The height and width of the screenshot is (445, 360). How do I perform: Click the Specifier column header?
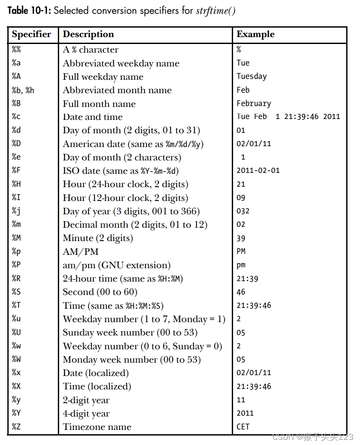click(31, 34)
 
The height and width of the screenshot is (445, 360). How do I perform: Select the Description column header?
click(88, 34)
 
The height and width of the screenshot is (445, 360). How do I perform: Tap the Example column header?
click(256, 34)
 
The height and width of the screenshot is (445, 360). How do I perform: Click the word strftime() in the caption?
click(215, 11)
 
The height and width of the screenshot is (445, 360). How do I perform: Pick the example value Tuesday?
click(252, 77)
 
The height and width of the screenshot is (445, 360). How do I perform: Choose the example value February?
click(254, 103)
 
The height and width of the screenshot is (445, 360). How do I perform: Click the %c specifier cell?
click(16, 117)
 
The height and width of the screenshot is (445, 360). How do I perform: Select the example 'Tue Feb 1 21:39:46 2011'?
click(288, 117)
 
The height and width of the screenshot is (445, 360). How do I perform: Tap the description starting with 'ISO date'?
click(120, 171)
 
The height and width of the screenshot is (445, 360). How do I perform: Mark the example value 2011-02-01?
click(258, 171)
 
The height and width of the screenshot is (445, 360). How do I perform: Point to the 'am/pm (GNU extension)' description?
click(117, 265)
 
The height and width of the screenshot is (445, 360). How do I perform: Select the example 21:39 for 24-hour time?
click(247, 279)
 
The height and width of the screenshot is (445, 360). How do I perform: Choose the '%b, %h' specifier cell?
click(22, 90)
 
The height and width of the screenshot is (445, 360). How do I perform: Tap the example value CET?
click(243, 427)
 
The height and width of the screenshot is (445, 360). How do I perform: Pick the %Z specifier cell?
click(16, 427)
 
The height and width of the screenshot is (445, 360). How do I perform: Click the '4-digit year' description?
click(86, 414)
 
